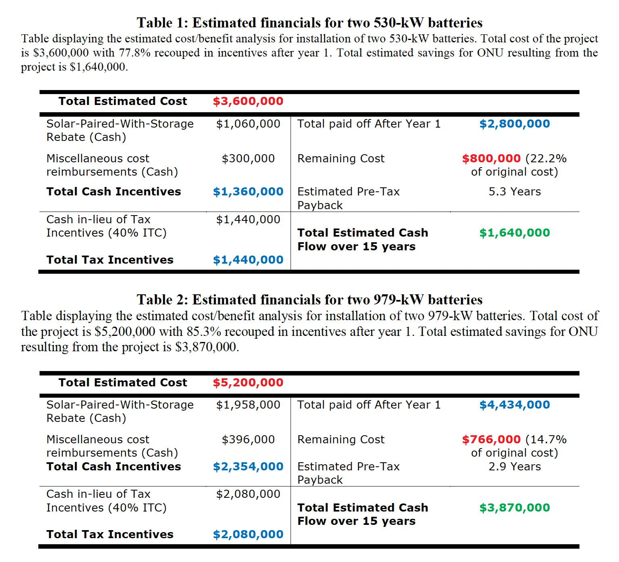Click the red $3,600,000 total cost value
pyautogui.click(x=248, y=101)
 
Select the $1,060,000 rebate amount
pyautogui.click(x=248, y=124)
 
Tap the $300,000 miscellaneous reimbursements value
pyautogui.click(x=248, y=159)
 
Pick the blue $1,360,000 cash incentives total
pyautogui.click(x=248, y=192)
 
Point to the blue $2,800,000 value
pyautogui.click(x=514, y=124)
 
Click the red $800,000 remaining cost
pyautogui.click(x=491, y=159)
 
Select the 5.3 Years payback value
pyautogui.click(x=514, y=192)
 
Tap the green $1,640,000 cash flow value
pyautogui.click(x=514, y=233)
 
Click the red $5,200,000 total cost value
pyautogui.click(x=248, y=383)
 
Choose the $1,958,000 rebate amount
pyautogui.click(x=248, y=405)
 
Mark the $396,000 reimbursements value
pyautogui.click(x=248, y=440)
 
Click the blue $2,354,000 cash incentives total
pyautogui.click(x=248, y=467)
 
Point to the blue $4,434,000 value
pyautogui.click(x=514, y=405)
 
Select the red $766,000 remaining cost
pyautogui.click(x=491, y=440)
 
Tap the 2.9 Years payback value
pyautogui.click(x=514, y=467)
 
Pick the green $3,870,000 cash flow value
pyautogui.click(x=514, y=508)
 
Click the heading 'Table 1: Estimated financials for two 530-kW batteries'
pyautogui.click(x=309, y=23)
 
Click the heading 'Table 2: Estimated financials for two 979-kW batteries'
pyautogui.click(x=309, y=300)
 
